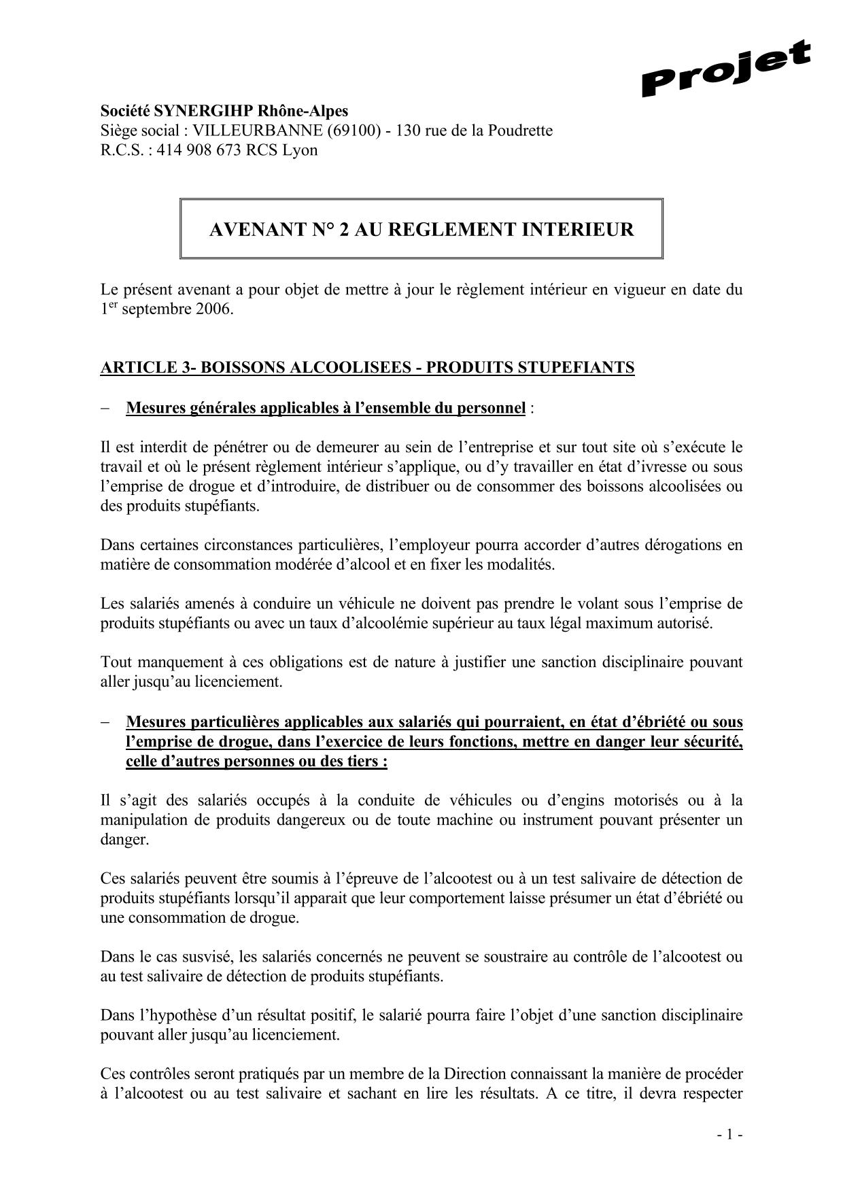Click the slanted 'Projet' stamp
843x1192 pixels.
coord(725,69)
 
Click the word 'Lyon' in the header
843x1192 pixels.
coord(300,150)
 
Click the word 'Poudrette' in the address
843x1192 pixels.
coord(523,131)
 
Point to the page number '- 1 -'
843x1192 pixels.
coord(729,1134)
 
